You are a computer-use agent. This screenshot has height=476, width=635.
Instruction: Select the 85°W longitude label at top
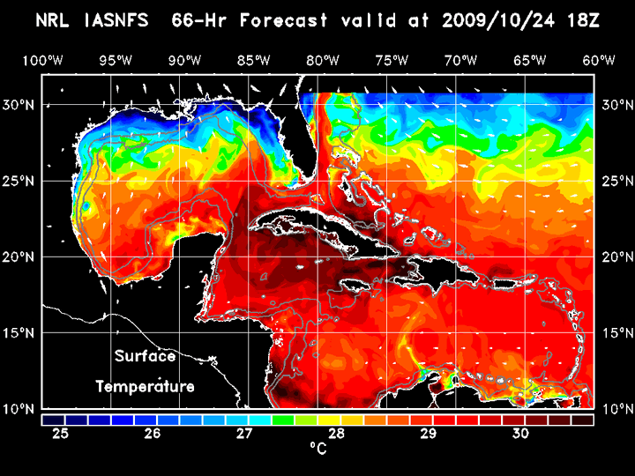coord(252,60)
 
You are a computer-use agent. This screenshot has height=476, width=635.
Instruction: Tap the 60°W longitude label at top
coord(599,60)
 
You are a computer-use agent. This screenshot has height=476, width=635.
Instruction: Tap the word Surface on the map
coord(145,357)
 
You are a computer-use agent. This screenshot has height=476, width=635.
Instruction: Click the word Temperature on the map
coord(145,386)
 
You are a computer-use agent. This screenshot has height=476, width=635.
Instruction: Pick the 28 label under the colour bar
coord(336,434)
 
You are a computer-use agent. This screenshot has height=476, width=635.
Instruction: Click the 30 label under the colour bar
coord(519,434)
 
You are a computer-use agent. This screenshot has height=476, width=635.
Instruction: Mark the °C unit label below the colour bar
coord(318,449)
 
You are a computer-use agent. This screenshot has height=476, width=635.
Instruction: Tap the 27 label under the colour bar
coord(244,434)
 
